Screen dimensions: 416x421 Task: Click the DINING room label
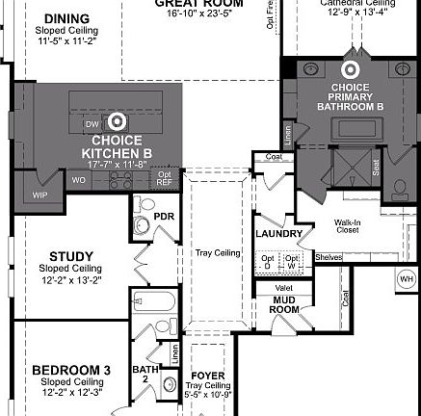pyautogui.click(x=66, y=18)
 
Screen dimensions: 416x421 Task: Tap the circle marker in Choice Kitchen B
pyautogui.click(x=118, y=121)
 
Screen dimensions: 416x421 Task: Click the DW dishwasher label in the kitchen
pyautogui.click(x=92, y=125)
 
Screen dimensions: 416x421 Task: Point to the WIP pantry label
pyautogui.click(x=39, y=195)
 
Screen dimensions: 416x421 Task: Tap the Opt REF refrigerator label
pyautogui.click(x=165, y=177)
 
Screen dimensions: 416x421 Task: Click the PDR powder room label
pyautogui.click(x=164, y=217)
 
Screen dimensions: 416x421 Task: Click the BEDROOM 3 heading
pyautogui.click(x=70, y=370)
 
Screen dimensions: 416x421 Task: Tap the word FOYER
pyautogui.click(x=208, y=376)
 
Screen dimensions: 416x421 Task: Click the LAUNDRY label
pyautogui.click(x=279, y=234)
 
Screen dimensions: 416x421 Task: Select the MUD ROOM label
pyautogui.click(x=284, y=305)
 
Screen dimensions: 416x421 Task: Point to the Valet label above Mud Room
pyautogui.click(x=284, y=287)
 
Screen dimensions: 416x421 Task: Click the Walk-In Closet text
pyautogui.click(x=347, y=226)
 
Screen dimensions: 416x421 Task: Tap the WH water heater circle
pyautogui.click(x=406, y=279)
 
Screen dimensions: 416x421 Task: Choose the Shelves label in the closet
pyautogui.click(x=329, y=257)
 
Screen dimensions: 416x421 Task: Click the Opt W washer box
pyautogui.click(x=293, y=261)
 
